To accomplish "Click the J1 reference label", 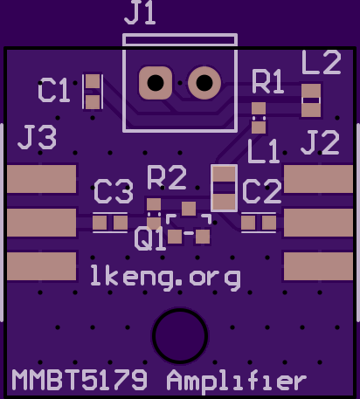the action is (x=140, y=13).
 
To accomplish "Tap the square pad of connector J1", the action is (x=156, y=83).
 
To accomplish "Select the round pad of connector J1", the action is (x=204, y=83).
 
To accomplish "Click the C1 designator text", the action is (x=54, y=90).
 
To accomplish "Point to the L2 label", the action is (x=322, y=62).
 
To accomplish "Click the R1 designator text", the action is (x=267, y=81).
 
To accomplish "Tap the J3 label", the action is (x=38, y=137).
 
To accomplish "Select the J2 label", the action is (x=320, y=142).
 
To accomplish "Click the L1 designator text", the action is (x=264, y=151).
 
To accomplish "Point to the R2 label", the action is (x=167, y=177).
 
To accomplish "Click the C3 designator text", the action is (x=114, y=191).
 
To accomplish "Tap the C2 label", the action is (x=262, y=191).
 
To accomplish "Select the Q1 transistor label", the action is (x=149, y=238).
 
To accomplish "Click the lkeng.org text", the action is (x=165, y=277).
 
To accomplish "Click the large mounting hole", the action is (x=180, y=335).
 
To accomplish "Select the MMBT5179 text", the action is (x=80, y=380).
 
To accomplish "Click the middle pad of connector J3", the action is (x=42, y=223).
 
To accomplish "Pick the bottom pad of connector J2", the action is (x=318, y=266).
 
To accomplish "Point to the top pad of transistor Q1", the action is (x=189, y=209).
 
